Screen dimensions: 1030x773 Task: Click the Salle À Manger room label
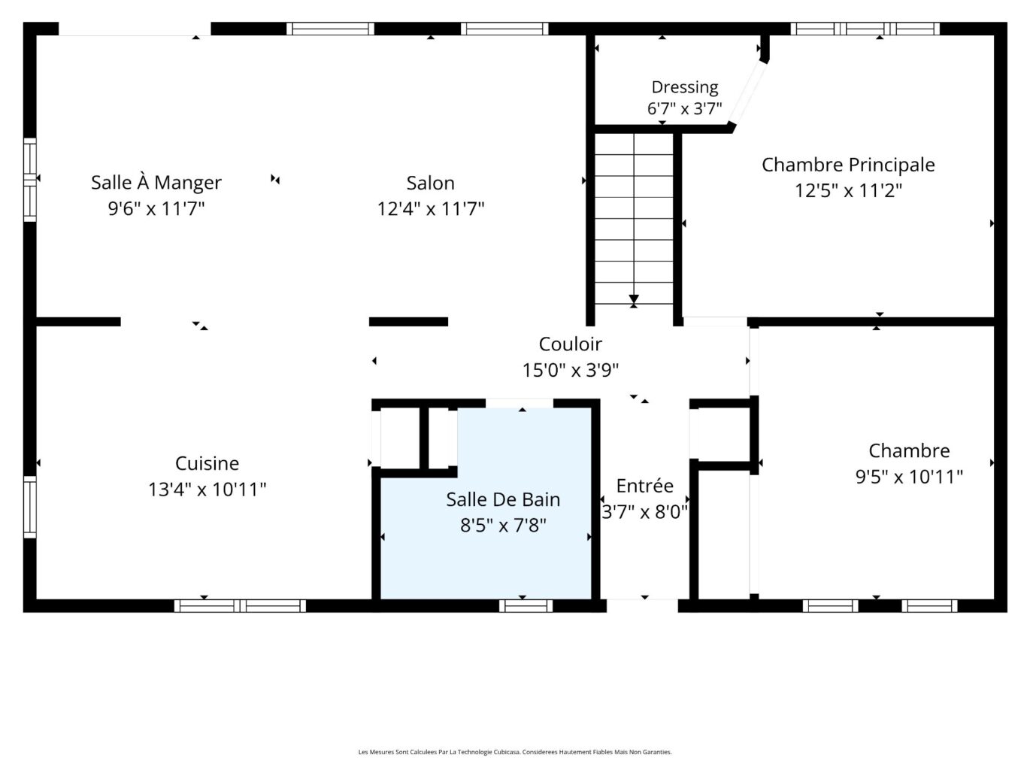point(156,182)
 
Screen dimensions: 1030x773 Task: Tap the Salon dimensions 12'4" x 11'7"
point(431,208)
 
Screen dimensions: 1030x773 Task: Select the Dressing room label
point(685,88)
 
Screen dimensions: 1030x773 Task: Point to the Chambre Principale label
point(848,165)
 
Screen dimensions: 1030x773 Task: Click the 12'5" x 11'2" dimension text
point(848,190)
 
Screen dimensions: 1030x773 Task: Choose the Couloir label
point(570,344)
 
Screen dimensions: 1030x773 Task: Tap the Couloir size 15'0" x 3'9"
point(571,370)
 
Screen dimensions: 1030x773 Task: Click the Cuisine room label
point(207,463)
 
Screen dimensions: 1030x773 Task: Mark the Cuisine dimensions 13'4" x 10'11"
point(207,490)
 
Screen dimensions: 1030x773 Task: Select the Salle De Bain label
point(503,499)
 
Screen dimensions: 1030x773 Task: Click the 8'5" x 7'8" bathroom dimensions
point(503,525)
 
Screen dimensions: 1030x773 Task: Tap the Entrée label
point(645,486)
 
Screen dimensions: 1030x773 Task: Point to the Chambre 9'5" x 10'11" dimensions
point(909,477)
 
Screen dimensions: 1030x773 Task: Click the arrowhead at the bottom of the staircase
point(634,299)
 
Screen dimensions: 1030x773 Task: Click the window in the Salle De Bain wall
point(526,606)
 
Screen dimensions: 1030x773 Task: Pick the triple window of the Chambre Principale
point(865,29)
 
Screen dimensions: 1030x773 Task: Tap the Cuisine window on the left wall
point(29,507)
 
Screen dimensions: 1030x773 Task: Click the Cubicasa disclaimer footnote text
point(515,752)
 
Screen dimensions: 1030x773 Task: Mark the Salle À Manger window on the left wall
point(29,180)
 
